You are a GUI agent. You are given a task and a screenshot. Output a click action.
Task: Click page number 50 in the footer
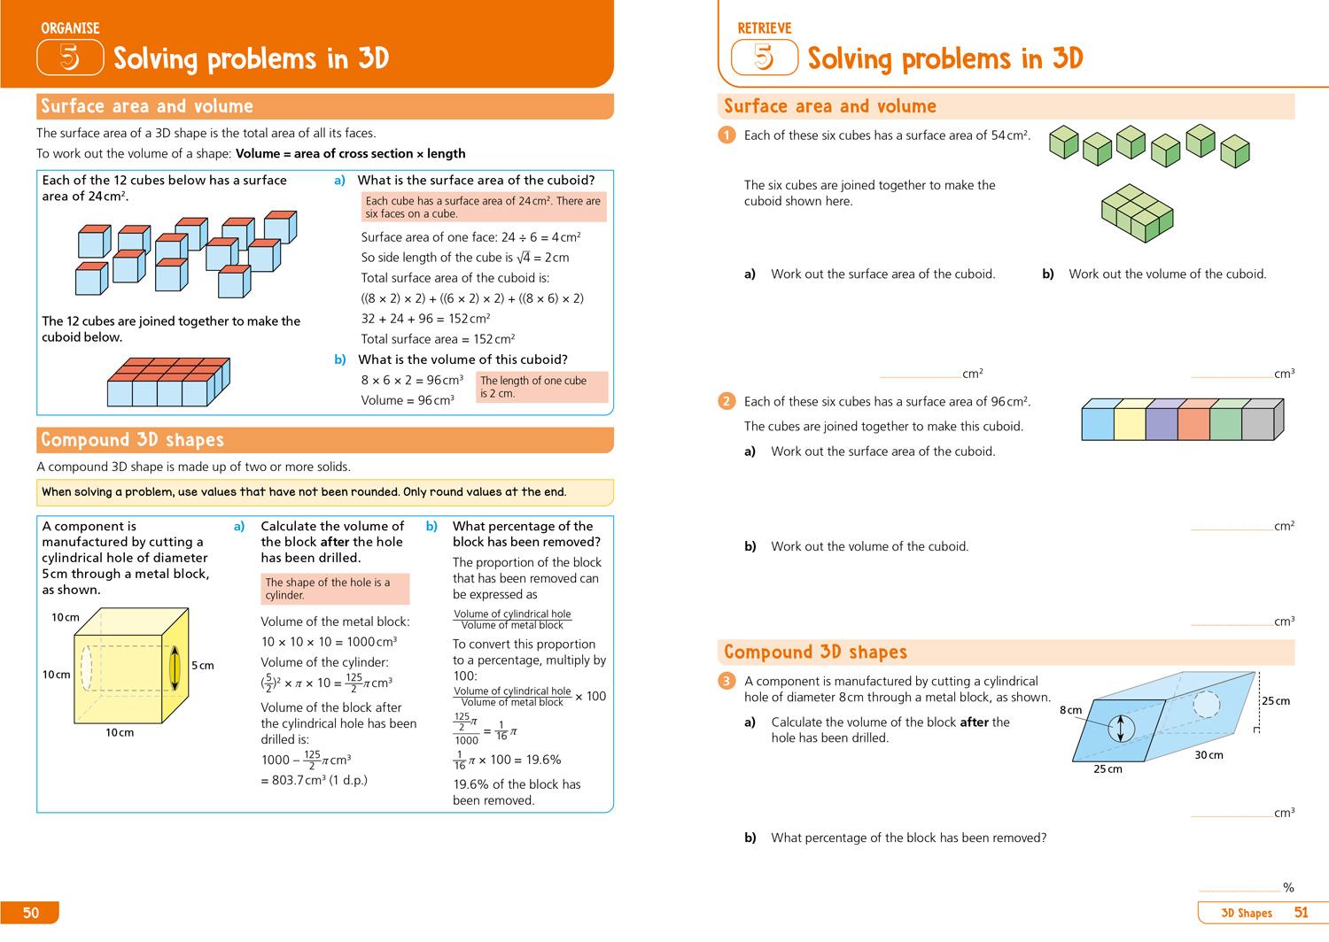point(31,913)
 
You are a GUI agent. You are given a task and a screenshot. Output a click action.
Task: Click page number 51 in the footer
point(1301,913)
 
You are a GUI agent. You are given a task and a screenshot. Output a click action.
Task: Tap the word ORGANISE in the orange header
point(70,28)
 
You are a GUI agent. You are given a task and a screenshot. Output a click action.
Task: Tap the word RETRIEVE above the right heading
point(764,28)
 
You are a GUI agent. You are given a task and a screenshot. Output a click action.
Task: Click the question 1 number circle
point(727,135)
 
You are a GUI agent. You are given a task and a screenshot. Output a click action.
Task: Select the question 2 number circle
point(727,401)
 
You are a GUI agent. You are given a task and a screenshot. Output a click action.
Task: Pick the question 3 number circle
point(727,681)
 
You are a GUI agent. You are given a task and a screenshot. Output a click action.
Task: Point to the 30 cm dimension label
point(1209,755)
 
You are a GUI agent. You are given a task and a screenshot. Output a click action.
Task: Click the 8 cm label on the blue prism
point(1070,710)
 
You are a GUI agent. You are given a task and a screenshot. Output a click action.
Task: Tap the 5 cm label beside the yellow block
point(202,666)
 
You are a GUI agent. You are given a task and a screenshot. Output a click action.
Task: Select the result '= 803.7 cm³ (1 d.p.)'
point(314,780)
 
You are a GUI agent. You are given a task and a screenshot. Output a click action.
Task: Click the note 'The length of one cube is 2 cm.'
point(541,387)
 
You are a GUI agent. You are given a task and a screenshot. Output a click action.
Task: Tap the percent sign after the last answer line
point(1288,887)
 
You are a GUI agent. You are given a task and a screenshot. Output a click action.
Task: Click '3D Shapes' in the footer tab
point(1246,913)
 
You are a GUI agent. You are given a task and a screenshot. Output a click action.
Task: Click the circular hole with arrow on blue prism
point(1121,729)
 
